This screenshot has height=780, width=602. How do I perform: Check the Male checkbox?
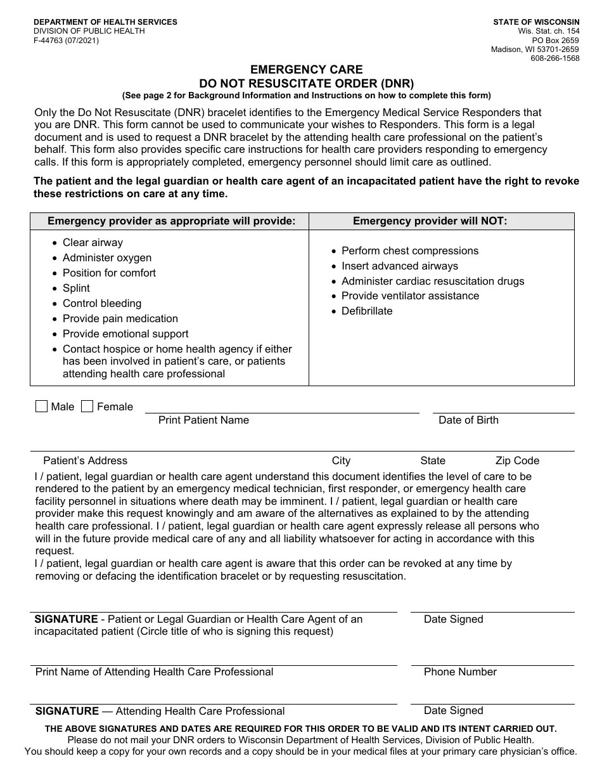pos(42,406)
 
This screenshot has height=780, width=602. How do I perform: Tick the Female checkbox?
pos(87,406)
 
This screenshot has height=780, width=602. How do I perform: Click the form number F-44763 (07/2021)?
pos(66,41)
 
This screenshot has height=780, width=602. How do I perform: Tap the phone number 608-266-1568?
pos(555,58)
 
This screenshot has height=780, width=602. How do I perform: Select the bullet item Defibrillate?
pos(367,311)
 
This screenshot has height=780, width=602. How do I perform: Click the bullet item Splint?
pos(76,288)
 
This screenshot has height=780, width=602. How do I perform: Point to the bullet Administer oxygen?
pos(106,257)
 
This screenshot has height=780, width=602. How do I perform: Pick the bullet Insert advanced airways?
pos(399,266)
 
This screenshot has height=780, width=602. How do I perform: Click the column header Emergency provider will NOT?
pos(430,221)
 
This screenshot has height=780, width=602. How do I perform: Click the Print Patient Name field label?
pos(203,420)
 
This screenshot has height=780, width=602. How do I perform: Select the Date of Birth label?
pos(468,420)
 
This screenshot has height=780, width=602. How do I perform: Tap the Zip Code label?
pos(517,460)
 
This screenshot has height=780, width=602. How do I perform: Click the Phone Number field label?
pos(460,672)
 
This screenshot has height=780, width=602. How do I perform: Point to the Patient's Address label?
pos(85,460)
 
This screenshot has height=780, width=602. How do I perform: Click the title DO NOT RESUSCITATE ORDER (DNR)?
pos(307,83)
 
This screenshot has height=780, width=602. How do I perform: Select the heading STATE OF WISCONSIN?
pos(536,22)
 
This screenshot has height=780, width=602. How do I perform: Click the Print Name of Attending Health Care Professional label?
pos(154,672)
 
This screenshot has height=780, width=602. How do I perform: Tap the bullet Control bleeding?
pos(101,303)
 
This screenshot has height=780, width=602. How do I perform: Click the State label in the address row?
pos(433,460)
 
